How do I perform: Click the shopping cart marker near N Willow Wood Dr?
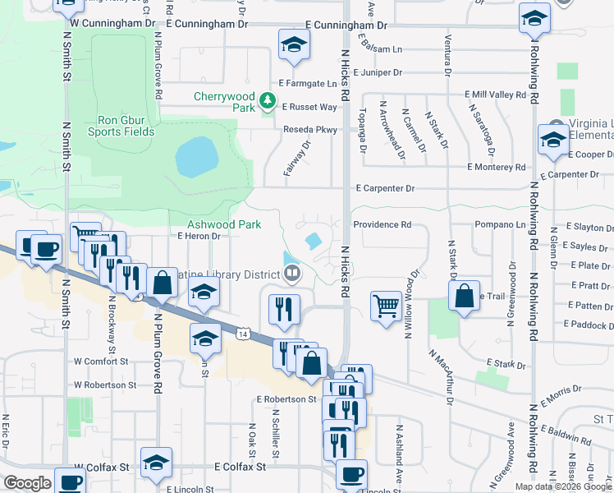coord(385,306)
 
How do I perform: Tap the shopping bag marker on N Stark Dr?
coord(464,296)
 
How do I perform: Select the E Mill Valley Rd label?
coord(495,95)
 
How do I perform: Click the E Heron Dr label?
coord(199,236)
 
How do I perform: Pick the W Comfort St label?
coord(101,361)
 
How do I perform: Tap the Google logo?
coord(27,483)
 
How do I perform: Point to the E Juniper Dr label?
coord(374,72)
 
